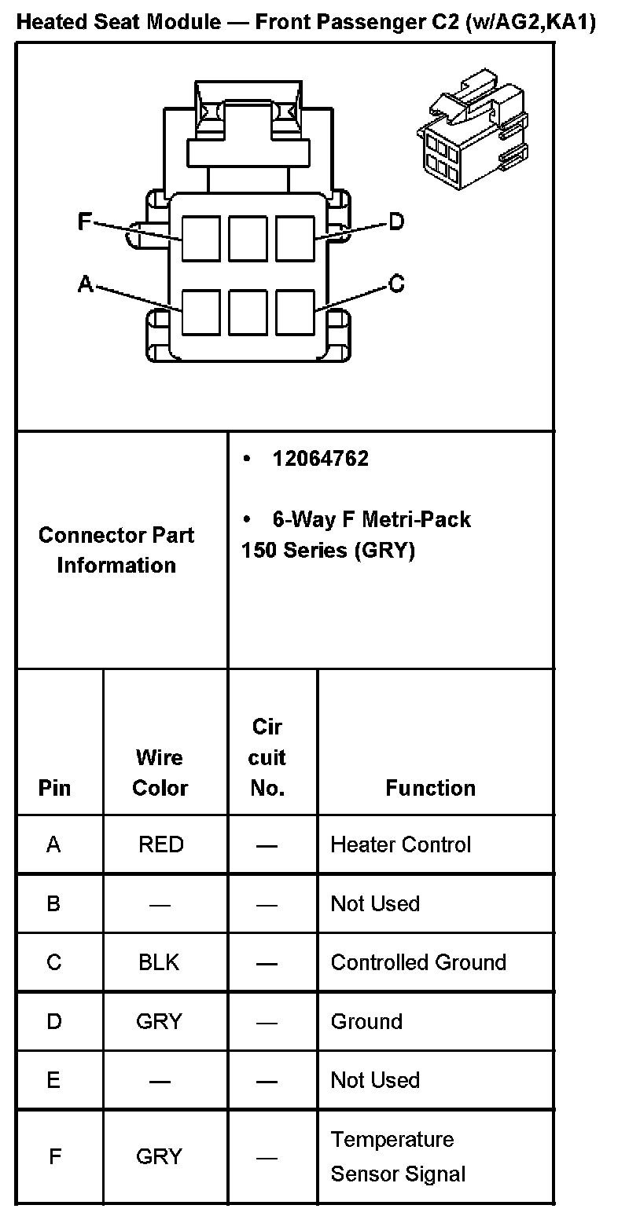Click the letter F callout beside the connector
(x=84, y=222)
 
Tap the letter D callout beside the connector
(x=396, y=222)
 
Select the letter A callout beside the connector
(x=85, y=284)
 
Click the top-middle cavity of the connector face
(x=248, y=239)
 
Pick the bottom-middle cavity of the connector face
(x=248, y=313)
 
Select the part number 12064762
(x=320, y=459)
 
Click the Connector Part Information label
(x=116, y=550)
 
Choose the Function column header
(x=430, y=788)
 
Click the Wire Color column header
(x=160, y=773)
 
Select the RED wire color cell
(x=160, y=844)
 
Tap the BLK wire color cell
(x=159, y=962)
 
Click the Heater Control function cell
(x=400, y=844)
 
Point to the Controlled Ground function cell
(x=418, y=962)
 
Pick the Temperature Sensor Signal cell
(x=398, y=1156)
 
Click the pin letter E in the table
(x=53, y=1080)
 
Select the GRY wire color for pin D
(x=159, y=1021)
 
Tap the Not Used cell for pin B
(x=375, y=903)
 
